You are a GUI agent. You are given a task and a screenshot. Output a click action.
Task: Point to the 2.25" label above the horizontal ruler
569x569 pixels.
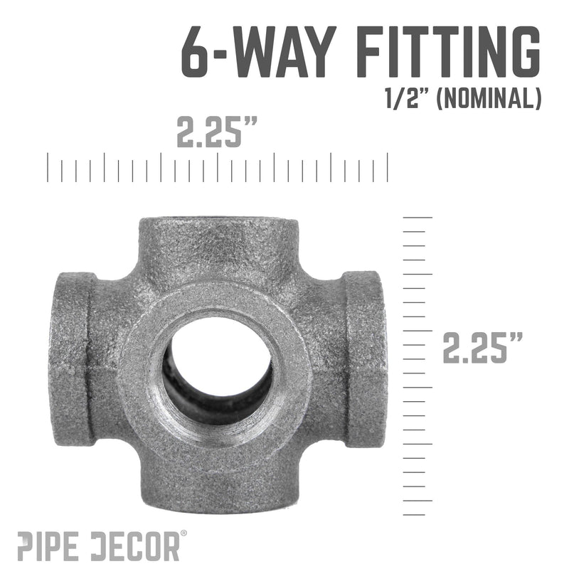pyautogui.click(x=217, y=133)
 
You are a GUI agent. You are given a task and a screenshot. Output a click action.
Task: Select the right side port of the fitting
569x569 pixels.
pyautogui.click(x=367, y=359)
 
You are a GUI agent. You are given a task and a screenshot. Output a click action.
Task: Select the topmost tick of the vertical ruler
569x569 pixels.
pyautogui.click(x=418, y=216)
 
